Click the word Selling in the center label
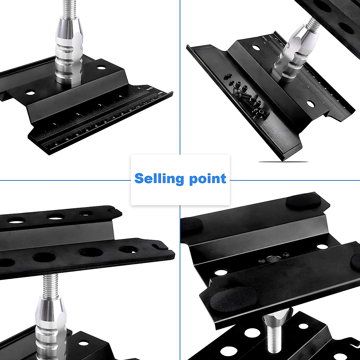point(158,179)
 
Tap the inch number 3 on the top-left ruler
point(100,105)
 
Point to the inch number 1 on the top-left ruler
point(54,124)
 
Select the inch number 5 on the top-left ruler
point(139,88)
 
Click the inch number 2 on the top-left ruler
point(78,114)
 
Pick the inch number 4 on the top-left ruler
point(120,96)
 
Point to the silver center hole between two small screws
point(273,259)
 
